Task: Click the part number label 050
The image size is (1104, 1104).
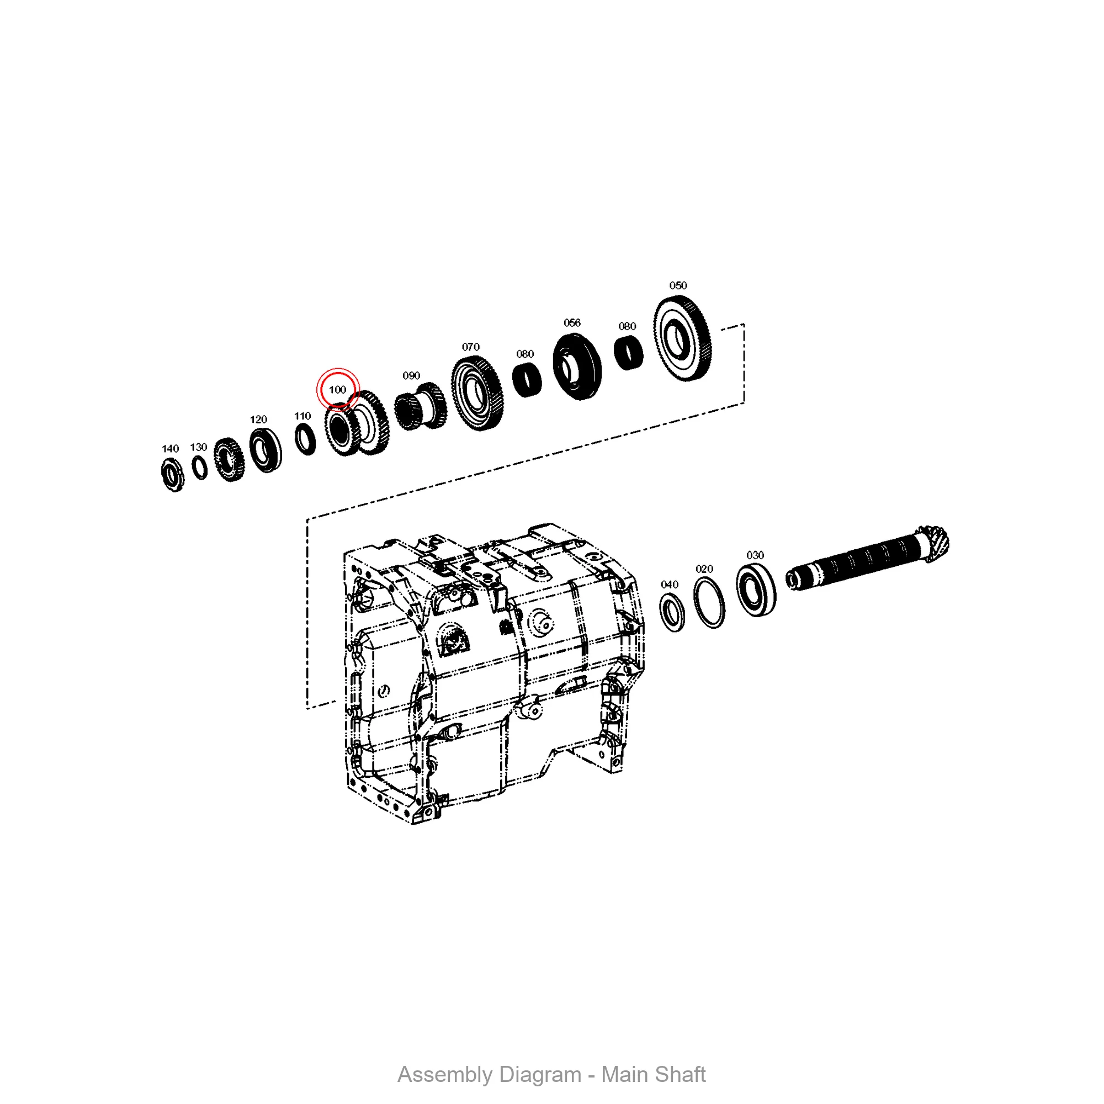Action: tap(678, 286)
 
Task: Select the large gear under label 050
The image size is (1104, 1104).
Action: tap(683, 339)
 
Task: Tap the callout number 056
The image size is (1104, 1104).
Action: tap(572, 323)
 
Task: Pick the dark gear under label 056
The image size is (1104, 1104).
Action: tap(577, 367)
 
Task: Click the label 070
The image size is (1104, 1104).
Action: tap(470, 347)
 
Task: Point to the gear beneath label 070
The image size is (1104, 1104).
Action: tap(477, 393)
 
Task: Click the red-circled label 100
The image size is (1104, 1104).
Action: tap(338, 390)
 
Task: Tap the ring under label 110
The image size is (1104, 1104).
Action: tap(305, 439)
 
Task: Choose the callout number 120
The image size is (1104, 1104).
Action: tap(258, 420)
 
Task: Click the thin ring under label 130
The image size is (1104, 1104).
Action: tap(199, 467)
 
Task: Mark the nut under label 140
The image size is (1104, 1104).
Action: tap(173, 475)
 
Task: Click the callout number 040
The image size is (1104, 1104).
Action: tap(669, 585)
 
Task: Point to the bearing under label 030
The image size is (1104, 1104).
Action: tap(756, 590)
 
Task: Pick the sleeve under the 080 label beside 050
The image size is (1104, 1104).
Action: tap(629, 353)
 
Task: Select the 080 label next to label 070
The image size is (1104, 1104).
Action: tap(524, 354)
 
